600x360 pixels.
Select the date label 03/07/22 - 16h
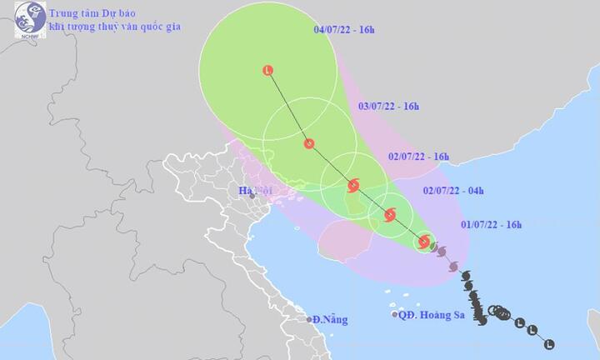pyautogui.click(x=387, y=107)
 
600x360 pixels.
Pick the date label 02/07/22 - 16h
pyautogui.click(x=418, y=156)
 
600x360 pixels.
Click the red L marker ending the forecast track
pyautogui.click(x=267, y=71)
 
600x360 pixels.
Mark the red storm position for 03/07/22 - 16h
pyautogui.click(x=309, y=144)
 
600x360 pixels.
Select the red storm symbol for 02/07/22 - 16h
pyautogui.click(x=353, y=185)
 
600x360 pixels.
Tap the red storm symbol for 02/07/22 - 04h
pyautogui.click(x=389, y=216)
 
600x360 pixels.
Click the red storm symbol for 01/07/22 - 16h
pyautogui.click(x=424, y=242)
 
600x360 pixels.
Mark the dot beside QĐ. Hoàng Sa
pyautogui.click(x=395, y=315)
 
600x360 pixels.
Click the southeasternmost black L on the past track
pyautogui.click(x=548, y=343)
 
